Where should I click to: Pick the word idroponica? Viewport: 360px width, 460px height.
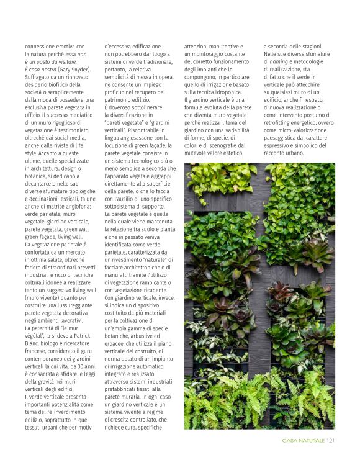coord(228,92)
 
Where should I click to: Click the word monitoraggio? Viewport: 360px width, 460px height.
coord(214,54)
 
